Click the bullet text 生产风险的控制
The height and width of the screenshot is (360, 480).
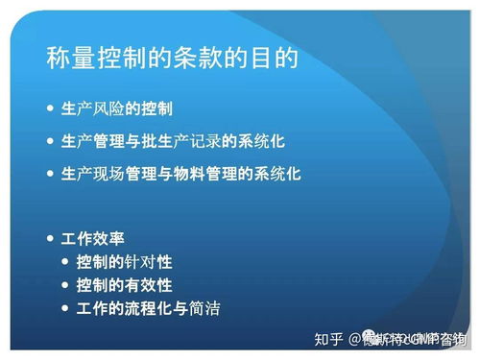coord(116,108)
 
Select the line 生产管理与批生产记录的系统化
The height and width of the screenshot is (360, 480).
coord(173,141)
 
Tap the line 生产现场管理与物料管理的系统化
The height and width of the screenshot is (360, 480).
coord(180,174)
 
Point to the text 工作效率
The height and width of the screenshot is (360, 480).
coord(92,237)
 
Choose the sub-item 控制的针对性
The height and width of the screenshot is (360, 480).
coord(124,261)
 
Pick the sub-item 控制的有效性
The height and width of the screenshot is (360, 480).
coord(124,285)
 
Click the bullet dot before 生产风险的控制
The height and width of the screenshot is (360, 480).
coord(51,108)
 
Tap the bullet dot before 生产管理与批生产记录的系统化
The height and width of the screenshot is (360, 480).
coord(51,141)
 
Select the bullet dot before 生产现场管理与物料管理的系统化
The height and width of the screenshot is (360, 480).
coord(51,174)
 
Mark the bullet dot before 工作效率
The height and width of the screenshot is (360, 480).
coord(51,237)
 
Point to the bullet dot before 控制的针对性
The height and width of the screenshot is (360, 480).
coord(66,261)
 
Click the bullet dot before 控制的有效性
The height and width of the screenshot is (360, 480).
coord(66,285)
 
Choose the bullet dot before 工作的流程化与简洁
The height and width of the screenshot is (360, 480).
coord(66,309)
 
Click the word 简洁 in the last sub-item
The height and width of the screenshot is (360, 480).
coord(217,309)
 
